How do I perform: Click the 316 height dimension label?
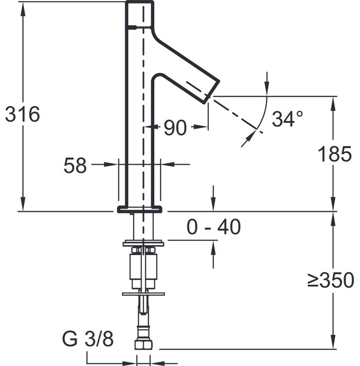click(x=23, y=114)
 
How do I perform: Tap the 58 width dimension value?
click(x=75, y=165)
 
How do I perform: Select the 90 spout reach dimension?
click(x=175, y=127)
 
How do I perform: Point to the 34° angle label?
click(x=287, y=119)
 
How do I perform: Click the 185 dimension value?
click(x=335, y=154)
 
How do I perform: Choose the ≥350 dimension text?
click(x=331, y=280)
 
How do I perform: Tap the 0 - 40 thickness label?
click(x=213, y=226)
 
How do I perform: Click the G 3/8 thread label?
click(x=88, y=338)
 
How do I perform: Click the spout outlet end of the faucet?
click(x=212, y=92)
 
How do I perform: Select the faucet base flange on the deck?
click(x=139, y=209)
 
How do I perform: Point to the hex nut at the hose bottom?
click(x=143, y=345)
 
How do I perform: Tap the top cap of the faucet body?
click(x=139, y=13)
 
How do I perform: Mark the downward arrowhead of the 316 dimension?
click(x=23, y=204)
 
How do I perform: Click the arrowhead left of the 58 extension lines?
click(x=111, y=164)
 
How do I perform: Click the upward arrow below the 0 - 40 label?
click(x=213, y=254)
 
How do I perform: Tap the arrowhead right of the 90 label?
click(x=200, y=127)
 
